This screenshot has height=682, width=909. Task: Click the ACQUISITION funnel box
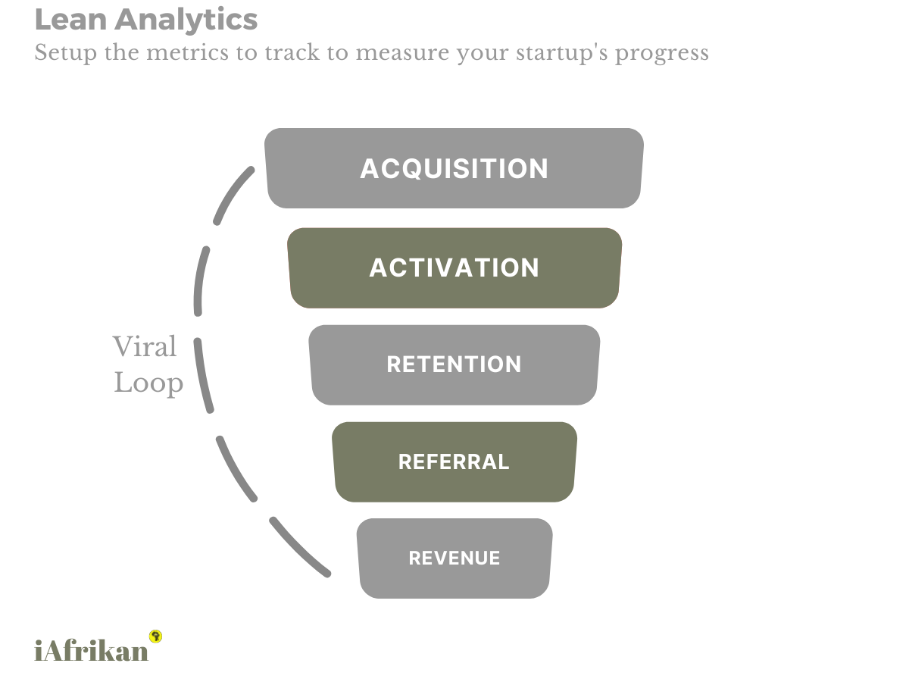[454, 168]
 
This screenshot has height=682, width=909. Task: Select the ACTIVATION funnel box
[454, 267]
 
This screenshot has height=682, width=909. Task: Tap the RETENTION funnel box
[454, 364]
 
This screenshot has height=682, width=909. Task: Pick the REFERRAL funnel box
[454, 461]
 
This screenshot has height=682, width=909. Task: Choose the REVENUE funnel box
[454, 558]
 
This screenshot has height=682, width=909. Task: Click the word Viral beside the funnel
[145, 347]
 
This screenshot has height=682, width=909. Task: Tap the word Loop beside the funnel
[148, 383]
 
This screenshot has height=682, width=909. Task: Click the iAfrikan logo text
[92, 650]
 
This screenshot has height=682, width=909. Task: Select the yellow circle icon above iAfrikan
[156, 636]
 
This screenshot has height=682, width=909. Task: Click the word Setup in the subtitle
[65, 54]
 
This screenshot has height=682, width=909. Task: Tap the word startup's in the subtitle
[550, 54]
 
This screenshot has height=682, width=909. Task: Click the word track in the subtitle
[292, 54]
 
